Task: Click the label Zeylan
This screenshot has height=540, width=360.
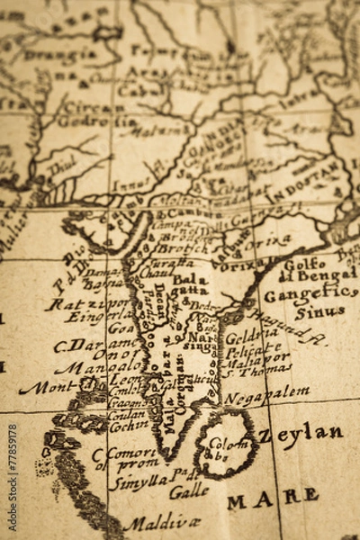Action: (x=301, y=435)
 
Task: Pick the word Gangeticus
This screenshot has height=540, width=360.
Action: (x=310, y=293)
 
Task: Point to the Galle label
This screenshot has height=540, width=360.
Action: (x=189, y=491)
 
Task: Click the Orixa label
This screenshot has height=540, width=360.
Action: (x=267, y=241)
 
